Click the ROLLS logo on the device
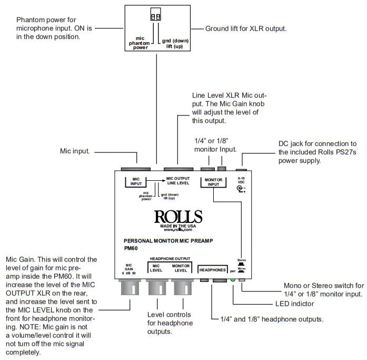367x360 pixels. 178,217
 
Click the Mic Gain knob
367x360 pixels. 129,288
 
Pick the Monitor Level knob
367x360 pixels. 181,288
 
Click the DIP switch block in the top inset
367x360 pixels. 156,17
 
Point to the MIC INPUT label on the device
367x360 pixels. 137,182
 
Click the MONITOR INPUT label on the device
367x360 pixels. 213,182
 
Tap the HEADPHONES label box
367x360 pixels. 212,269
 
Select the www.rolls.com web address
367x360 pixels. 177,230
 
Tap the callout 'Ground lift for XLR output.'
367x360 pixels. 246,28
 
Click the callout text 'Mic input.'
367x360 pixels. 75,151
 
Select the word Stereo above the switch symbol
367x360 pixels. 241,260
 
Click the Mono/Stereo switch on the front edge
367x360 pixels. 242,279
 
